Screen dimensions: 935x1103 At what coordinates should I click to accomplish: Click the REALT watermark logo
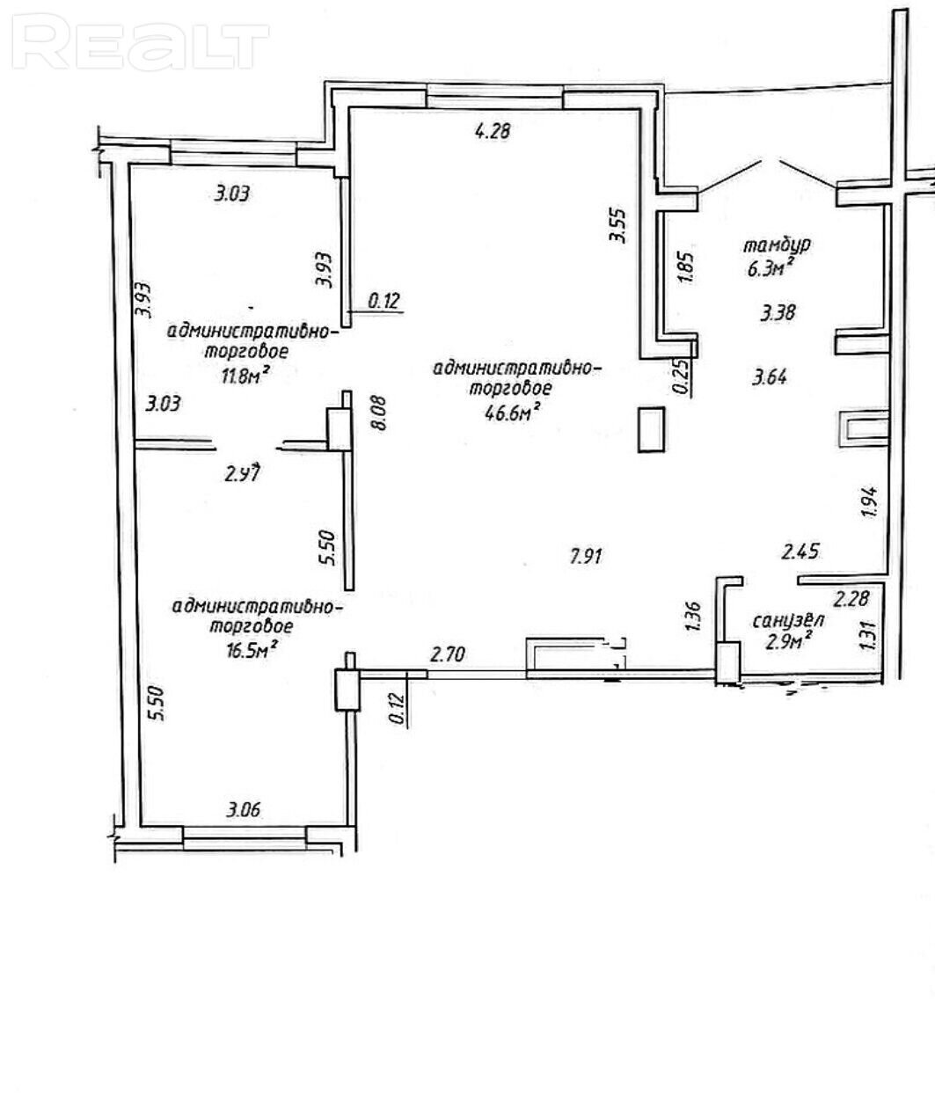click(x=141, y=42)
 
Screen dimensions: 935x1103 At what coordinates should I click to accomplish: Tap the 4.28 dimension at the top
click(x=493, y=131)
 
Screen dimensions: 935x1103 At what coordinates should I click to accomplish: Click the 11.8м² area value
click(x=244, y=376)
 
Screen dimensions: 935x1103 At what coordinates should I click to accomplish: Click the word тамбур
click(x=777, y=245)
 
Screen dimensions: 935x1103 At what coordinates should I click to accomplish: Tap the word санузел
click(x=789, y=621)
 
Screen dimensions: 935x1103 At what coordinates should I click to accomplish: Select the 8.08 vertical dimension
click(x=379, y=413)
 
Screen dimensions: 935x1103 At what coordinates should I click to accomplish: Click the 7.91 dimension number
click(x=586, y=557)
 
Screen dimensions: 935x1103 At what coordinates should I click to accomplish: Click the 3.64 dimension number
click(x=770, y=377)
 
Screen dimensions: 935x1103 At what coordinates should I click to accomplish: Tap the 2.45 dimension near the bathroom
click(x=800, y=551)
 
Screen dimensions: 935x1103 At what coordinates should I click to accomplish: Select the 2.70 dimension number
click(x=447, y=654)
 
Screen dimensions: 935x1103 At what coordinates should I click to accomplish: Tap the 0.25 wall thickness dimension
click(x=681, y=376)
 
